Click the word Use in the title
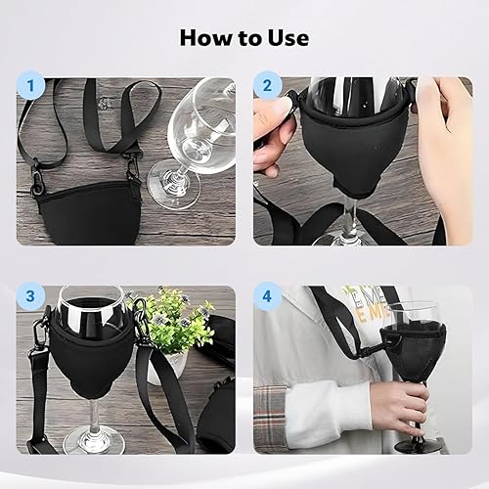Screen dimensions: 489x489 click(289, 38)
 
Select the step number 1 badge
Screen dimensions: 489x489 click(30, 86)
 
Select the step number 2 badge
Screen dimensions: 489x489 click(267, 85)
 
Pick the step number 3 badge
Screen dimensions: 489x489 click(30, 296)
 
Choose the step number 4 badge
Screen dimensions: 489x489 click(267, 296)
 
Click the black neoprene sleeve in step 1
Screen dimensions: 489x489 click(89, 213)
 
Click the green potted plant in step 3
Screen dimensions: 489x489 click(178, 323)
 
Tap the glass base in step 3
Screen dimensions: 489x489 click(94, 439)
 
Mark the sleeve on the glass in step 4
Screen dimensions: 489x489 click(414, 352)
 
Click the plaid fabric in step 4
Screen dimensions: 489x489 click(270, 419)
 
